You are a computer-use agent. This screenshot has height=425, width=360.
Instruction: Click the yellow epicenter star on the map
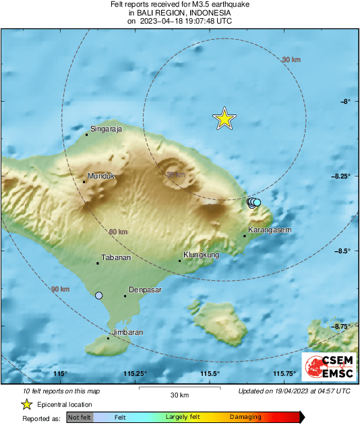point(224,119)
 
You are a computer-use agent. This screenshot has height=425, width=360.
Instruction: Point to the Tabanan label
point(115,258)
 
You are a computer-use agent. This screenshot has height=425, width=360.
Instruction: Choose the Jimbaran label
point(127,332)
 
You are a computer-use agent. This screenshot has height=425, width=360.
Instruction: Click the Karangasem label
point(269,230)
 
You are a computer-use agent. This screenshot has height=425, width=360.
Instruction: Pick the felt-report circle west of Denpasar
point(99,296)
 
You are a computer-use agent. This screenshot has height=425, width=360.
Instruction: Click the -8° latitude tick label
point(345,102)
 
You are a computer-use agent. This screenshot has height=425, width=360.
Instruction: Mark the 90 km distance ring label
point(60,289)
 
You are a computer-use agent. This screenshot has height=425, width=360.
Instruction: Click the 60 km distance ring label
point(118,232)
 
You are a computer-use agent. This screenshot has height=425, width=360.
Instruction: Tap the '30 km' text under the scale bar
point(179,395)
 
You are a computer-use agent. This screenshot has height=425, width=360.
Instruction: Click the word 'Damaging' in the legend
point(245,418)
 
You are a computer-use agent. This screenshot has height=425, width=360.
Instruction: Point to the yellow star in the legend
point(26,405)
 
